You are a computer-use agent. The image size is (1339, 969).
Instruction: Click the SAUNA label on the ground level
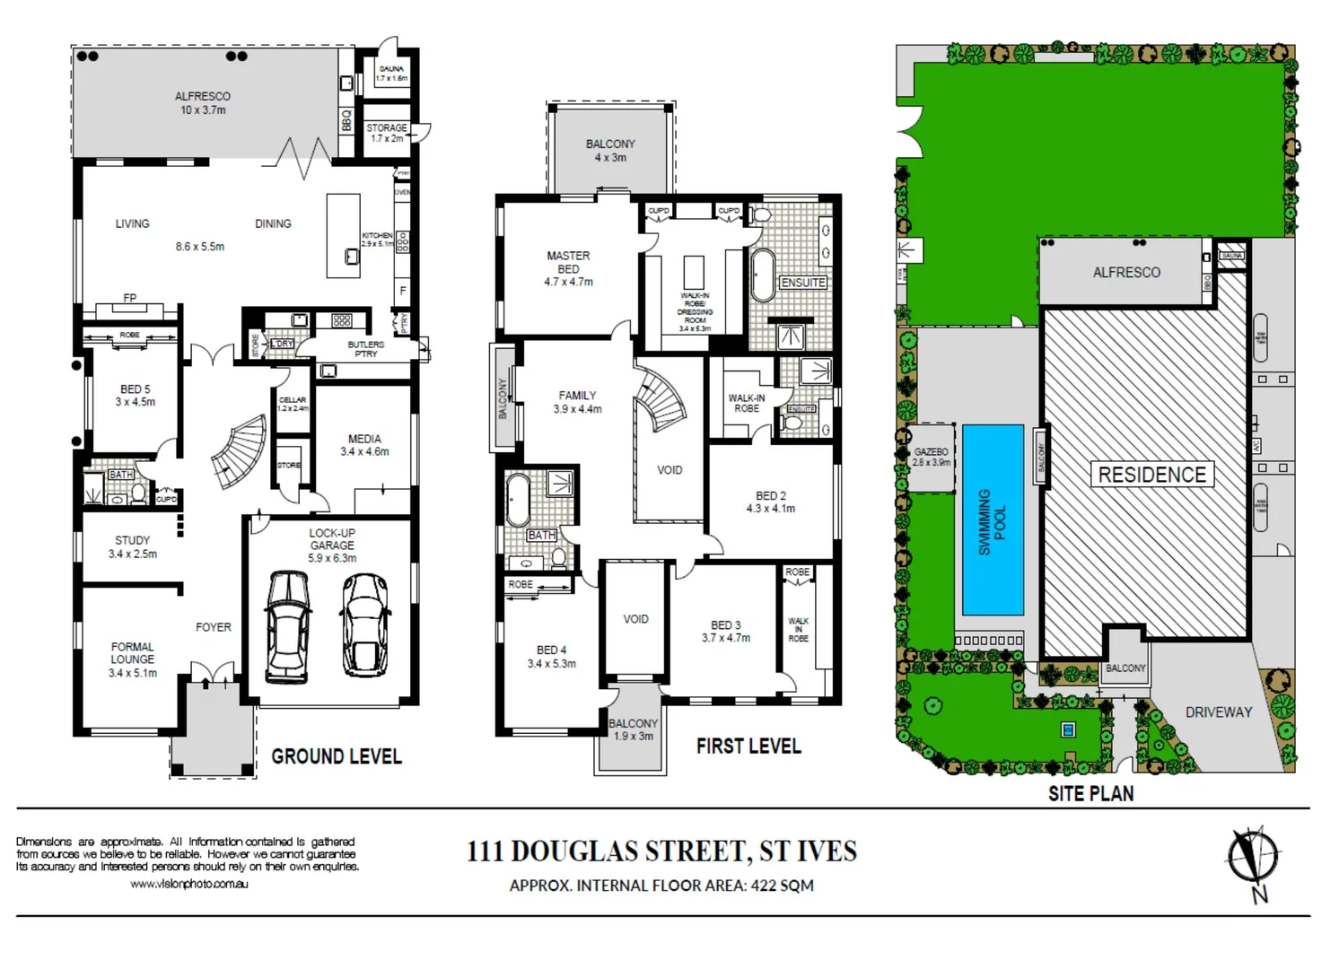[391, 68]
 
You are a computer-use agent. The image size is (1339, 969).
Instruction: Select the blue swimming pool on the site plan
[993, 519]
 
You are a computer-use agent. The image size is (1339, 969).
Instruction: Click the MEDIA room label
[364, 440]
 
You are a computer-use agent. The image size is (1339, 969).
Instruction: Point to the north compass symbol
[1254, 857]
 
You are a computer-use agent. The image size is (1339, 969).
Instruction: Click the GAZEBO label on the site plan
[931, 452]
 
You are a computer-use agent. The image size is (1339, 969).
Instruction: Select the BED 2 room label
[770, 496]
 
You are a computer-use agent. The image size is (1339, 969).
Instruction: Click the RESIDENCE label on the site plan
[1152, 475]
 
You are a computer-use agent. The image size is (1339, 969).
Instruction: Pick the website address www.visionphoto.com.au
[189, 884]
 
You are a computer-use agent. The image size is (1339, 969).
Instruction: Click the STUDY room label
[132, 541]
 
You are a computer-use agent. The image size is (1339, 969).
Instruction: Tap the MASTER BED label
[568, 262]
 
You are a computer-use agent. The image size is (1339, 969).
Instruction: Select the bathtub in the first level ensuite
[762, 275]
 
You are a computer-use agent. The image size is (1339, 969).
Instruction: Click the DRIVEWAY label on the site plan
[1218, 712]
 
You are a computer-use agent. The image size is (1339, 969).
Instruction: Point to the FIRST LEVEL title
[748, 746]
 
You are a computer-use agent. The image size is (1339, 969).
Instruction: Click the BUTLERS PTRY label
[365, 349]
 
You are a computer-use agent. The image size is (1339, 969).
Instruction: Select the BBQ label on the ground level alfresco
[346, 120]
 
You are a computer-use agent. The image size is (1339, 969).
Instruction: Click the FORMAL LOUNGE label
[132, 653]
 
